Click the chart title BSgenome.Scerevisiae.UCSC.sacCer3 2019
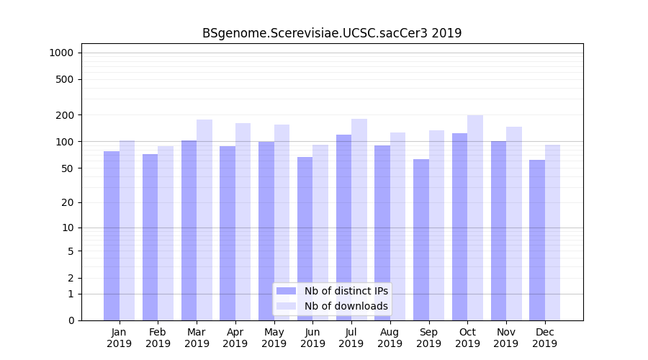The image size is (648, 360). (332, 33)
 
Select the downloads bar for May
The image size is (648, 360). (282, 222)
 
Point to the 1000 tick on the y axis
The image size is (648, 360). (61, 53)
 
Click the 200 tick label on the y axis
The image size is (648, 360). (64, 115)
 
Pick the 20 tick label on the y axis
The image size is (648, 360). (67, 202)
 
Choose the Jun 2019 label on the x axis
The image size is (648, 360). (312, 338)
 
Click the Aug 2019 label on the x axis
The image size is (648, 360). (390, 338)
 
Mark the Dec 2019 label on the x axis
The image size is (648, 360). (544, 338)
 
